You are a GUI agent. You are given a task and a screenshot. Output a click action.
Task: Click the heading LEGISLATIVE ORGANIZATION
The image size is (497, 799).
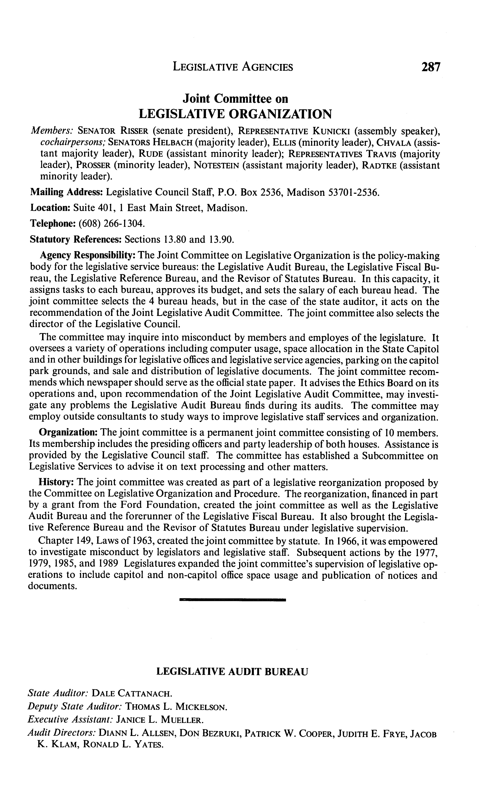[235, 114]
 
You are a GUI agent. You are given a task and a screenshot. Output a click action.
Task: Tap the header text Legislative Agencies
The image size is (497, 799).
[233, 67]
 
